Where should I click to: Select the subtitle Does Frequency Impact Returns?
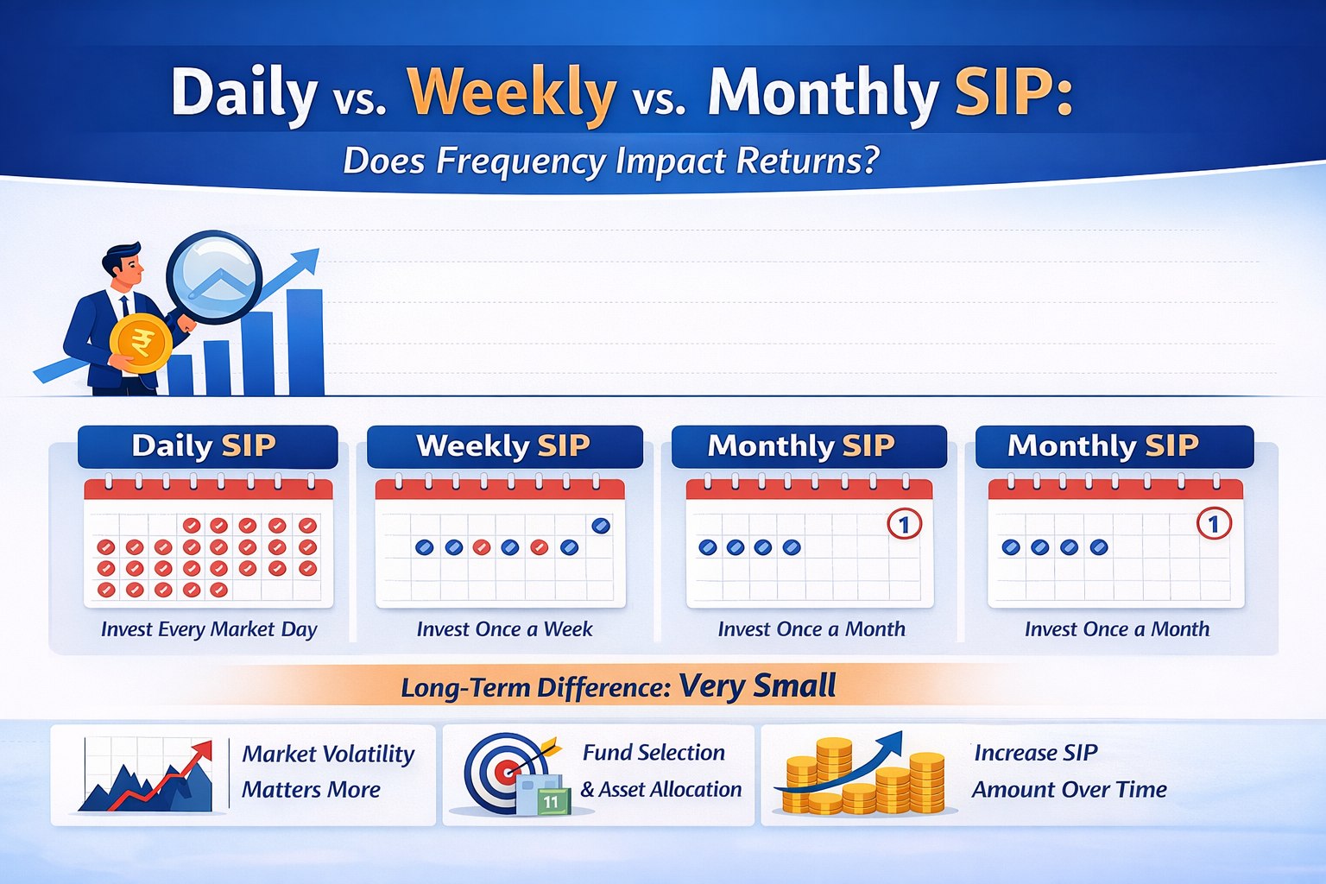click(610, 161)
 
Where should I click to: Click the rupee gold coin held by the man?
click(141, 344)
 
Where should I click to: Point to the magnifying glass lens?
click(213, 276)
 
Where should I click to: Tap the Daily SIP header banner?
click(207, 446)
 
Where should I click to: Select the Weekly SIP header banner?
click(504, 446)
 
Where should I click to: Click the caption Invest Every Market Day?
click(209, 629)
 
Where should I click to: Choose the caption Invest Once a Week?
click(504, 629)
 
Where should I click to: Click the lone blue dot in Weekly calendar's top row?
click(601, 525)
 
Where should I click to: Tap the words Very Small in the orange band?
click(757, 686)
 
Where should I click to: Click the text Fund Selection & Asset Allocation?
click(660, 771)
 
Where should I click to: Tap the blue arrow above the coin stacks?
click(850, 760)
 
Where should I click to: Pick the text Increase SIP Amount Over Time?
click(1069, 771)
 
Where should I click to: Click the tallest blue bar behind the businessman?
click(305, 342)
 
